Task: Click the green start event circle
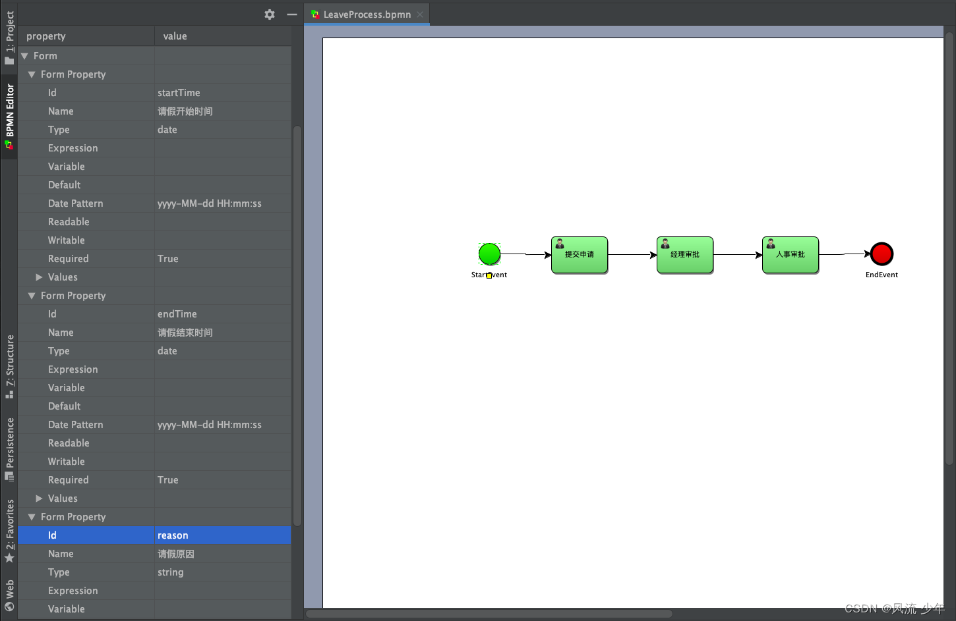click(489, 254)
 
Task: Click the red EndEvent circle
click(881, 254)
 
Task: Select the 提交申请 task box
click(580, 255)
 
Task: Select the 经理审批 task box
click(685, 255)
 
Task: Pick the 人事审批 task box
click(791, 255)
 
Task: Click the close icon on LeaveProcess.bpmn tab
click(420, 14)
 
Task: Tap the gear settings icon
click(270, 14)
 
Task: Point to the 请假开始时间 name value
click(185, 111)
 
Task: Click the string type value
click(171, 572)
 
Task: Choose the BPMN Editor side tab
click(9, 115)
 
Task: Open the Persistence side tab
click(9, 448)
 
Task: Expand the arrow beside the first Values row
click(39, 277)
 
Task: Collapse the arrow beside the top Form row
click(24, 56)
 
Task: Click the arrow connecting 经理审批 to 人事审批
click(738, 255)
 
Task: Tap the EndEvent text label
click(881, 275)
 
